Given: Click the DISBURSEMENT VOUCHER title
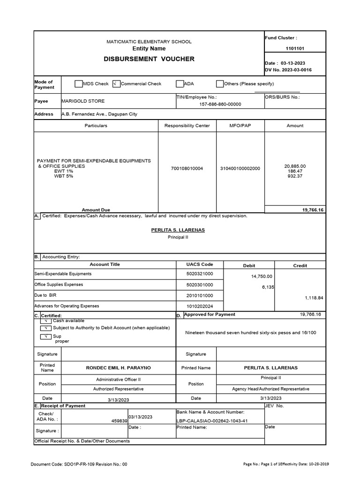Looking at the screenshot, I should (149, 59).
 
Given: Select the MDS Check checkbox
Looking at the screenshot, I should (78, 84).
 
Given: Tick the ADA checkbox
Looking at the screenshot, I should (180, 84).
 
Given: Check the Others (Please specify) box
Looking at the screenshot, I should (220, 84).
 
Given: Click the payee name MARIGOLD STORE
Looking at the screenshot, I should (83, 101).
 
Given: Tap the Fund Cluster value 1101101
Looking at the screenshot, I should (294, 48).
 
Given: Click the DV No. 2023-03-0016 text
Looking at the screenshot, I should (288, 70).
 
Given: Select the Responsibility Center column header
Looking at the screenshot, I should (187, 126).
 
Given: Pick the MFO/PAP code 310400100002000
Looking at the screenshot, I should (240, 168).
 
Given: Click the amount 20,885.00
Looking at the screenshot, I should (295, 166).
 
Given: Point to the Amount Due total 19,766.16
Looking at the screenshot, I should (313, 210).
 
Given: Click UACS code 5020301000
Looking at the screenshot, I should (200, 285).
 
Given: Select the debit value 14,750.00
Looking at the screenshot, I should (262, 277).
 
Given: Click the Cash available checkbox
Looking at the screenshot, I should (46, 321).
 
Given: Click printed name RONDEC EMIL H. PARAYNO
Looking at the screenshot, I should (118, 368).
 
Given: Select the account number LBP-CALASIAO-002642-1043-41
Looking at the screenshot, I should (212, 421).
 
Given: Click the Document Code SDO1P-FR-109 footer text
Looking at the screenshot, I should (79, 465).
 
